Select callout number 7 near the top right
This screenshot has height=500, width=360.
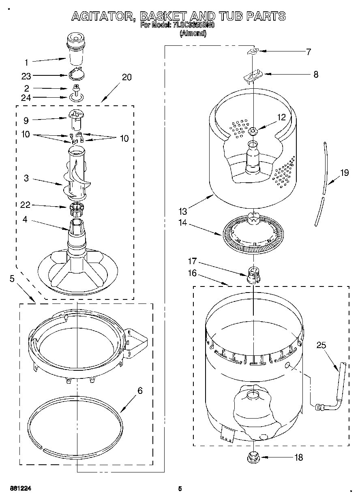[309, 51]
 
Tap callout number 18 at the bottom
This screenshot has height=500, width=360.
[298, 457]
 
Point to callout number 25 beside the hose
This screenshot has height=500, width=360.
[321, 345]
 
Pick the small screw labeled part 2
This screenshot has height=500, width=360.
[75, 88]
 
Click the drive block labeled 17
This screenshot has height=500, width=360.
[253, 276]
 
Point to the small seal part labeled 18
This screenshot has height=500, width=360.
[253, 457]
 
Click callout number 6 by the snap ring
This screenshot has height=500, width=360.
[140, 391]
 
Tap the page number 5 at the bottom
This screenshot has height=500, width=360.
[180, 489]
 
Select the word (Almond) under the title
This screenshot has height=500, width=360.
[193, 34]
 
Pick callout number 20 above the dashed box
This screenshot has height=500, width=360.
[126, 77]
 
